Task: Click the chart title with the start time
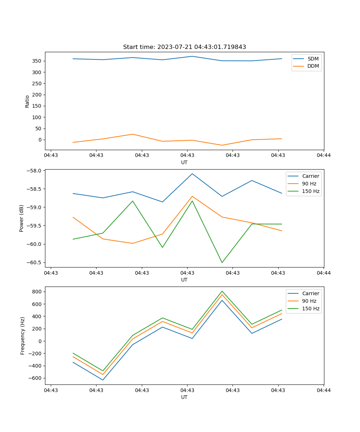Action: pos(184,47)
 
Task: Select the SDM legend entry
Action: pos(313,59)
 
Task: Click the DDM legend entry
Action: pos(313,66)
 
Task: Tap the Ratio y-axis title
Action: pos(27,101)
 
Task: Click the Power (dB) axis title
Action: pos(22,218)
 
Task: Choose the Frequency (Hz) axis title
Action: pos(23,336)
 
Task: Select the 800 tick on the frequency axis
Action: pos(37,292)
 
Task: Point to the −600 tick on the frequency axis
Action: pos(36,378)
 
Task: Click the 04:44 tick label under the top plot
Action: pos(323,156)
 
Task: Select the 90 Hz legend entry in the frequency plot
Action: pos(309,301)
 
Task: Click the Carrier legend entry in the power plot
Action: pos(310,176)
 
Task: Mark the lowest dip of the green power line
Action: pos(222,262)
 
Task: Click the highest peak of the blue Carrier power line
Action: pos(192,174)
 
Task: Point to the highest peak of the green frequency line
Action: pos(222,291)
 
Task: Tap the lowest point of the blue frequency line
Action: pos(103,380)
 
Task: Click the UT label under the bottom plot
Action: pos(184,397)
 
